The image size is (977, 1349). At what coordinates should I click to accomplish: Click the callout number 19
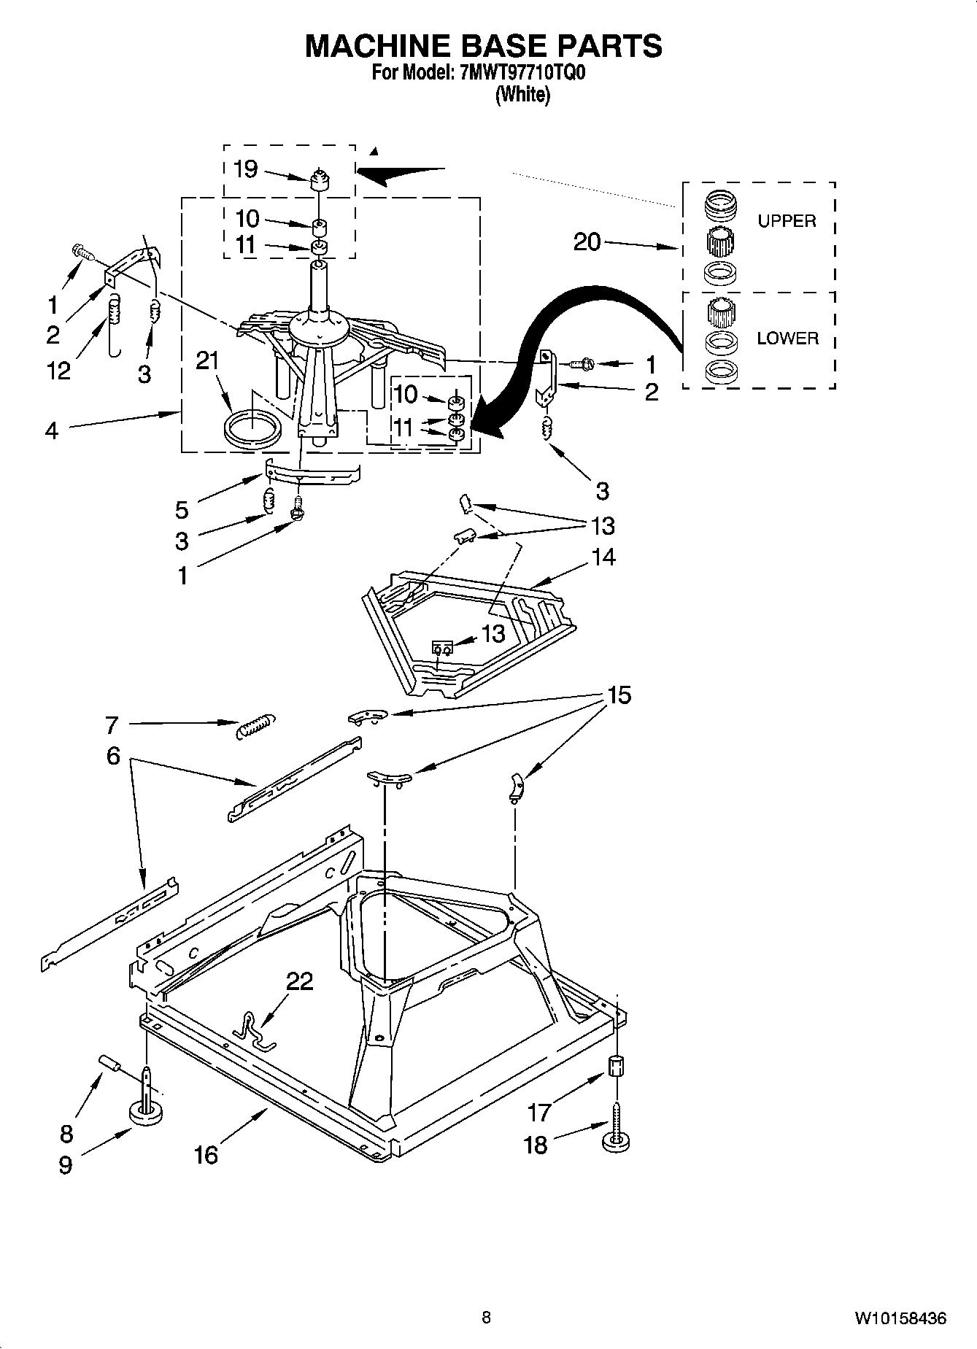pos(245,169)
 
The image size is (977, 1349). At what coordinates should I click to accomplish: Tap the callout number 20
pos(587,241)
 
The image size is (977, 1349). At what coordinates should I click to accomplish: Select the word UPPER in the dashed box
pos(786,221)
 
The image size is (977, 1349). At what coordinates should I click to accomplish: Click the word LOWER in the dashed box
pos(787,339)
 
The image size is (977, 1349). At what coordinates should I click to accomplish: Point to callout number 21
pos(207,361)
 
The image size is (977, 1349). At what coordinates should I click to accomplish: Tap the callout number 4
pos(50,430)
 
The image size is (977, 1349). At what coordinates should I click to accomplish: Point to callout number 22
pos(299,981)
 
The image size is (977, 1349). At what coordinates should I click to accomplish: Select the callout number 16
pos(206,1155)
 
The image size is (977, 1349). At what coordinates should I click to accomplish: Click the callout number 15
pos(619,695)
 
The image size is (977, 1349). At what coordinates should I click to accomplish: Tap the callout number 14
pos(603,557)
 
